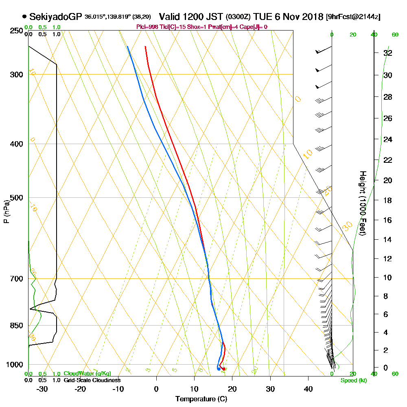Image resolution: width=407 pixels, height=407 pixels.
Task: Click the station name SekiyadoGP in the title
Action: tap(56, 17)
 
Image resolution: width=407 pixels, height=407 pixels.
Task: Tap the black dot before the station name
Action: tap(25, 17)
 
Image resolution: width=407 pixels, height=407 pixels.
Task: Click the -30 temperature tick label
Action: tap(42, 389)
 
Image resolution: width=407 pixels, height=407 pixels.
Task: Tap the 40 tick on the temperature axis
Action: tap(308, 389)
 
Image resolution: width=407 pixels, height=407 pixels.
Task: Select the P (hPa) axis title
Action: tap(6, 211)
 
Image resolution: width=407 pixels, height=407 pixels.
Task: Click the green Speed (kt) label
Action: tap(353, 381)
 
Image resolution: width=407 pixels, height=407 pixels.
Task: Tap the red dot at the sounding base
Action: tap(224, 369)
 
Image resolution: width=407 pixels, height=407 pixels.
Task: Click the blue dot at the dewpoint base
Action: tap(219, 369)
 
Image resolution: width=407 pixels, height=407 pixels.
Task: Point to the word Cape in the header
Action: tap(247, 27)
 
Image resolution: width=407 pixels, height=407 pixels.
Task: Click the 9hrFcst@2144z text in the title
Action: tap(353, 17)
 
